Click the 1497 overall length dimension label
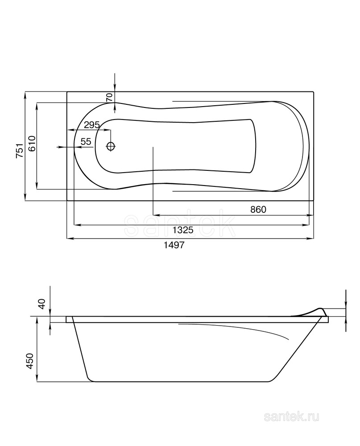pyautogui.click(x=174, y=245)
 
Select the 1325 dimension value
pyautogui.click(x=183, y=230)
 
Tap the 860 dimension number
pyautogui.click(x=258, y=209)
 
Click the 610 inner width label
pyautogui.click(x=32, y=144)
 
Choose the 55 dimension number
pyautogui.click(x=86, y=141)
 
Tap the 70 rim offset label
pyautogui.click(x=110, y=97)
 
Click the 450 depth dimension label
pyautogui.click(x=30, y=361)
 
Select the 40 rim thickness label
pyautogui.click(x=42, y=304)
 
